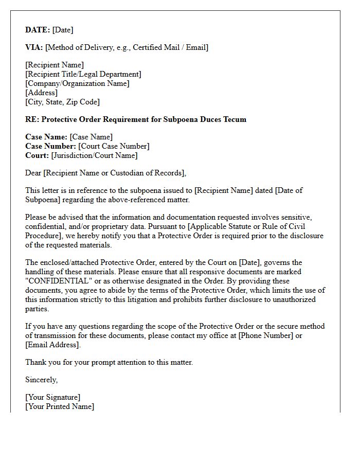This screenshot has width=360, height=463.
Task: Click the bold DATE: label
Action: [38, 30]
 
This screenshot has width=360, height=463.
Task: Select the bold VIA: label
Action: [34, 47]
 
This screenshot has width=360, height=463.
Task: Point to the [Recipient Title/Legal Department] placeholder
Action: [83, 74]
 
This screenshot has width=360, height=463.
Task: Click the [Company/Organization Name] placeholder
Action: [77, 83]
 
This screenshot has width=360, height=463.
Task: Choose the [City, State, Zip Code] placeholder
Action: [62, 102]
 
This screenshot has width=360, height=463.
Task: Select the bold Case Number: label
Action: [50, 146]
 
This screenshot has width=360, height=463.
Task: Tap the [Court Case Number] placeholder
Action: [114, 146]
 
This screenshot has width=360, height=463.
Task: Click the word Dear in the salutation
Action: [33, 173]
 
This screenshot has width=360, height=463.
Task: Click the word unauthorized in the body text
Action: [289, 299]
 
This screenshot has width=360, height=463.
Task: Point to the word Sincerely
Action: [41, 380]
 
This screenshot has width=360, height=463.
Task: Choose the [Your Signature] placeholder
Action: [52, 397]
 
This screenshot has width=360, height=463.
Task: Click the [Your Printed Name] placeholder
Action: [60, 406]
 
